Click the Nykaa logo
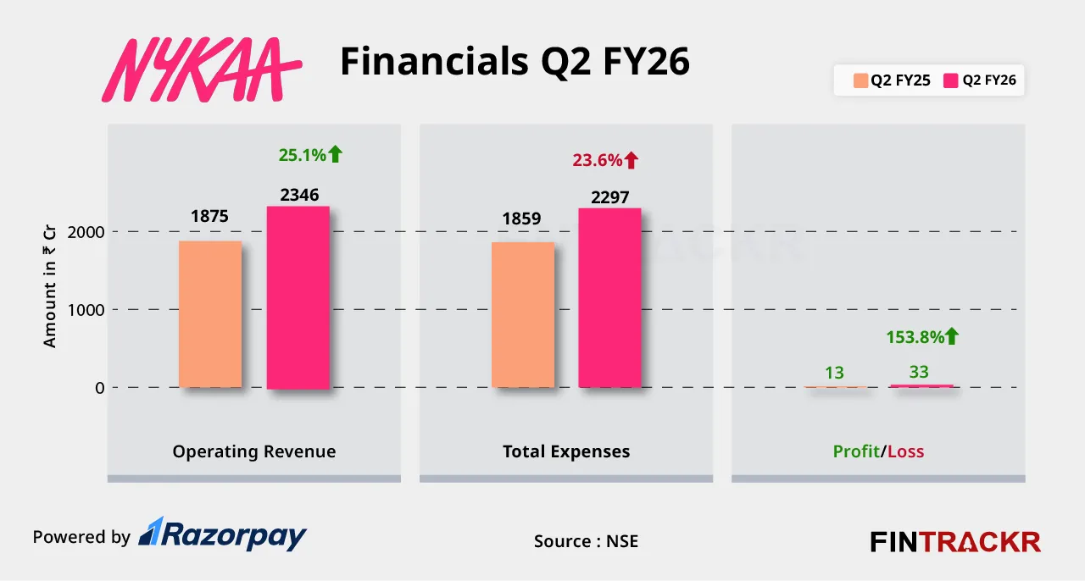pos(207,70)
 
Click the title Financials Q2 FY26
pos(515,62)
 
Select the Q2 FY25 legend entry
pos(892,81)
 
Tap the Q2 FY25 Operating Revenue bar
pos(210,314)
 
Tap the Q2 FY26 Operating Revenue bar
pos(298,297)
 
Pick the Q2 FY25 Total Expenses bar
pos(523,315)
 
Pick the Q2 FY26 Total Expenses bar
pos(609,298)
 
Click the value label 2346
pos(299,195)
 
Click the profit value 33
pos(919,372)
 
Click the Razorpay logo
pos(222,534)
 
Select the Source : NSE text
pos(586,540)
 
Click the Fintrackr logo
pos(955,541)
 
